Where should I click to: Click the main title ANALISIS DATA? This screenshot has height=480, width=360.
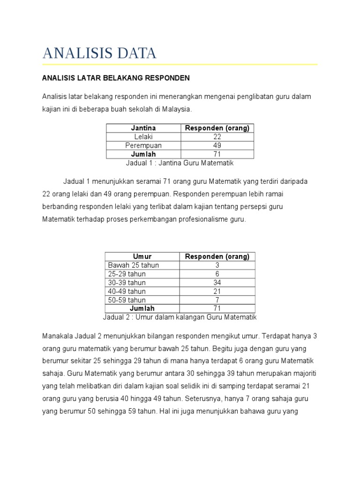tap(99, 53)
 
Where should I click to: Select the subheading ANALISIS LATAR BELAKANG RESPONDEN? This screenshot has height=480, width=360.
tap(116, 77)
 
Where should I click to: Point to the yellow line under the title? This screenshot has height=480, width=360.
tap(180, 64)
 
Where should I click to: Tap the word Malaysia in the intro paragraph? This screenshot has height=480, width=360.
tap(177, 109)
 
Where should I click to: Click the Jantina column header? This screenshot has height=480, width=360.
tap(143, 128)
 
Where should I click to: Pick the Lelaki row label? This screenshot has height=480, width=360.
tap(143, 137)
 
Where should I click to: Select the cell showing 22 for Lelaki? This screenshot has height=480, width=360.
tap(217, 137)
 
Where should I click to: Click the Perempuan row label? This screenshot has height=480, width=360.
tap(143, 145)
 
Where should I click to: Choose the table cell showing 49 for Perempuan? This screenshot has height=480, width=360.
tap(217, 145)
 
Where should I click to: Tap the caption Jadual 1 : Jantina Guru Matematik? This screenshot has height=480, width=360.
tap(180, 163)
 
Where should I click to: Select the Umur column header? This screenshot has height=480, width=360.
tap(142, 256)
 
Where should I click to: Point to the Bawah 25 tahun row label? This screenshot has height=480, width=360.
tap(134, 265)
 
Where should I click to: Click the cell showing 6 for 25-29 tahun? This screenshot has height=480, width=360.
tap(217, 274)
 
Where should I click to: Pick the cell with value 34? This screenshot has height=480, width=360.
tap(217, 283)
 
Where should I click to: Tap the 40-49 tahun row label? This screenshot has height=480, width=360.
tap(127, 291)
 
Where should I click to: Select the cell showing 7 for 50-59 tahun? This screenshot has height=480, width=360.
tap(217, 300)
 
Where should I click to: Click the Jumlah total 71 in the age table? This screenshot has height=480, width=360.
tap(217, 308)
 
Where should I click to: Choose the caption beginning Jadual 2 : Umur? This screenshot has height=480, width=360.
tap(180, 317)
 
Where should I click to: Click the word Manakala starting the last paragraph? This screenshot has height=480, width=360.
tap(58, 337)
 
